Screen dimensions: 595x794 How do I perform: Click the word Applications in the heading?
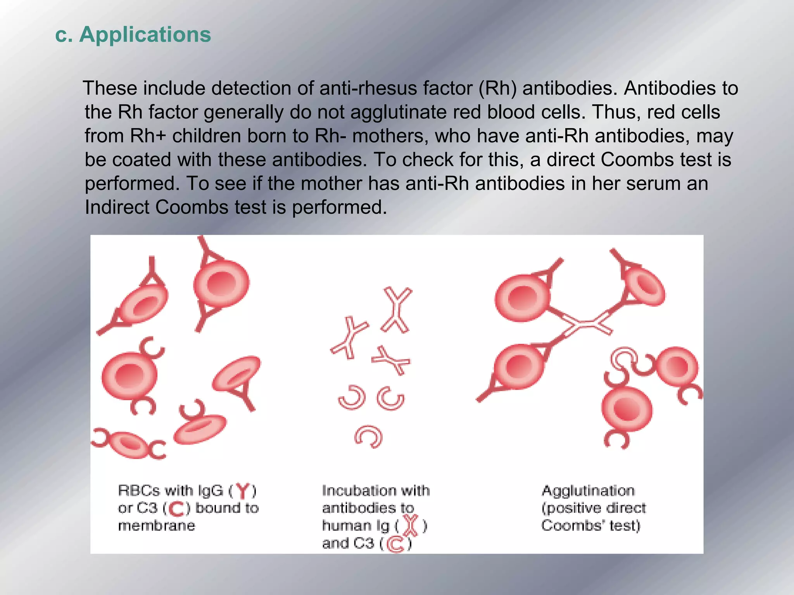tap(145, 34)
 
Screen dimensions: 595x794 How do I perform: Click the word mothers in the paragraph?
tap(390, 136)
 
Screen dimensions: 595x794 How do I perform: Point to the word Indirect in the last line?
tap(117, 207)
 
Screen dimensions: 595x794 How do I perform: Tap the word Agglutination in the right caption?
tap(588, 491)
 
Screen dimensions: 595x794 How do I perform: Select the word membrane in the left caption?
tap(156, 526)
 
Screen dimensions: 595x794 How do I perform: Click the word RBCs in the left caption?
tap(139, 491)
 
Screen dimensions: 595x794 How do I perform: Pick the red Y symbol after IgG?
tap(243, 491)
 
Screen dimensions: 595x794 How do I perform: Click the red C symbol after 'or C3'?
tap(176, 509)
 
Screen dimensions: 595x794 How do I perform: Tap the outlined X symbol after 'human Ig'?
tap(412, 526)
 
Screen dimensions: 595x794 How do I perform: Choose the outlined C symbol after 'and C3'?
tap(395, 544)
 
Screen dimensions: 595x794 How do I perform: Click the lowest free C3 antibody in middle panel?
tap(369, 437)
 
